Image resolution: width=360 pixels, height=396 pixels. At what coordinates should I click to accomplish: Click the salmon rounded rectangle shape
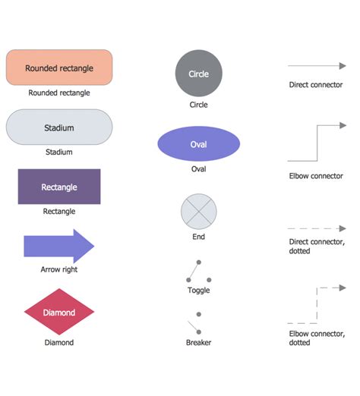(x=59, y=68)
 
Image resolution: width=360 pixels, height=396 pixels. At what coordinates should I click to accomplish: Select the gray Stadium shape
(x=59, y=127)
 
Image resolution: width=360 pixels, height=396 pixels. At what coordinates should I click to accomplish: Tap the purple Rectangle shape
(x=59, y=187)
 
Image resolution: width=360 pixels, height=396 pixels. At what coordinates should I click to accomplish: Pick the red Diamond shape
(x=59, y=312)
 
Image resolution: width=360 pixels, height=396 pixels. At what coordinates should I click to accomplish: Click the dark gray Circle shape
(x=198, y=74)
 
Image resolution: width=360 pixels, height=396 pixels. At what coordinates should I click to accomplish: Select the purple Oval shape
(x=198, y=144)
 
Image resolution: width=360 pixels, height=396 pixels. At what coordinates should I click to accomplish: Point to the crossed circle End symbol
(x=198, y=211)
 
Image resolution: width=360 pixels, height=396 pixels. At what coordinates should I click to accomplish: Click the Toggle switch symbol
(x=194, y=271)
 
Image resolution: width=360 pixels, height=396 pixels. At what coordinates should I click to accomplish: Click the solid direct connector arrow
(x=315, y=66)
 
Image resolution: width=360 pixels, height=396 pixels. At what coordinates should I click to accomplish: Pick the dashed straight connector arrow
(x=315, y=228)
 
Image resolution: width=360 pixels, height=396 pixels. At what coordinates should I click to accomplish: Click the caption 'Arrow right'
(x=59, y=269)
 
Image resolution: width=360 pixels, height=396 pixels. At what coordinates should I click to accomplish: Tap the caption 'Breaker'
(x=198, y=342)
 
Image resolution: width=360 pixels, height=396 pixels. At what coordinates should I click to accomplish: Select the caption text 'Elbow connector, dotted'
(x=315, y=338)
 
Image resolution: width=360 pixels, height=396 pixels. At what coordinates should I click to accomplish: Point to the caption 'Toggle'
(x=198, y=290)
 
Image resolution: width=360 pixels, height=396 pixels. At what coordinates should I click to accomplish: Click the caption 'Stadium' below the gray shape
(x=59, y=152)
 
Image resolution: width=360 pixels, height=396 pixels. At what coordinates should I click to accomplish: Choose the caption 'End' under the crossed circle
(x=198, y=237)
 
